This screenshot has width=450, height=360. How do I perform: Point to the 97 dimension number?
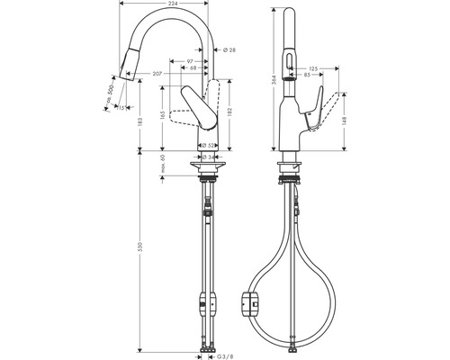pyautogui.click(x=191, y=60)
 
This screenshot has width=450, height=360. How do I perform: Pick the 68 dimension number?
pyautogui.click(x=193, y=68)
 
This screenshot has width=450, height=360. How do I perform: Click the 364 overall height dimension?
pyautogui.click(x=274, y=79)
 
